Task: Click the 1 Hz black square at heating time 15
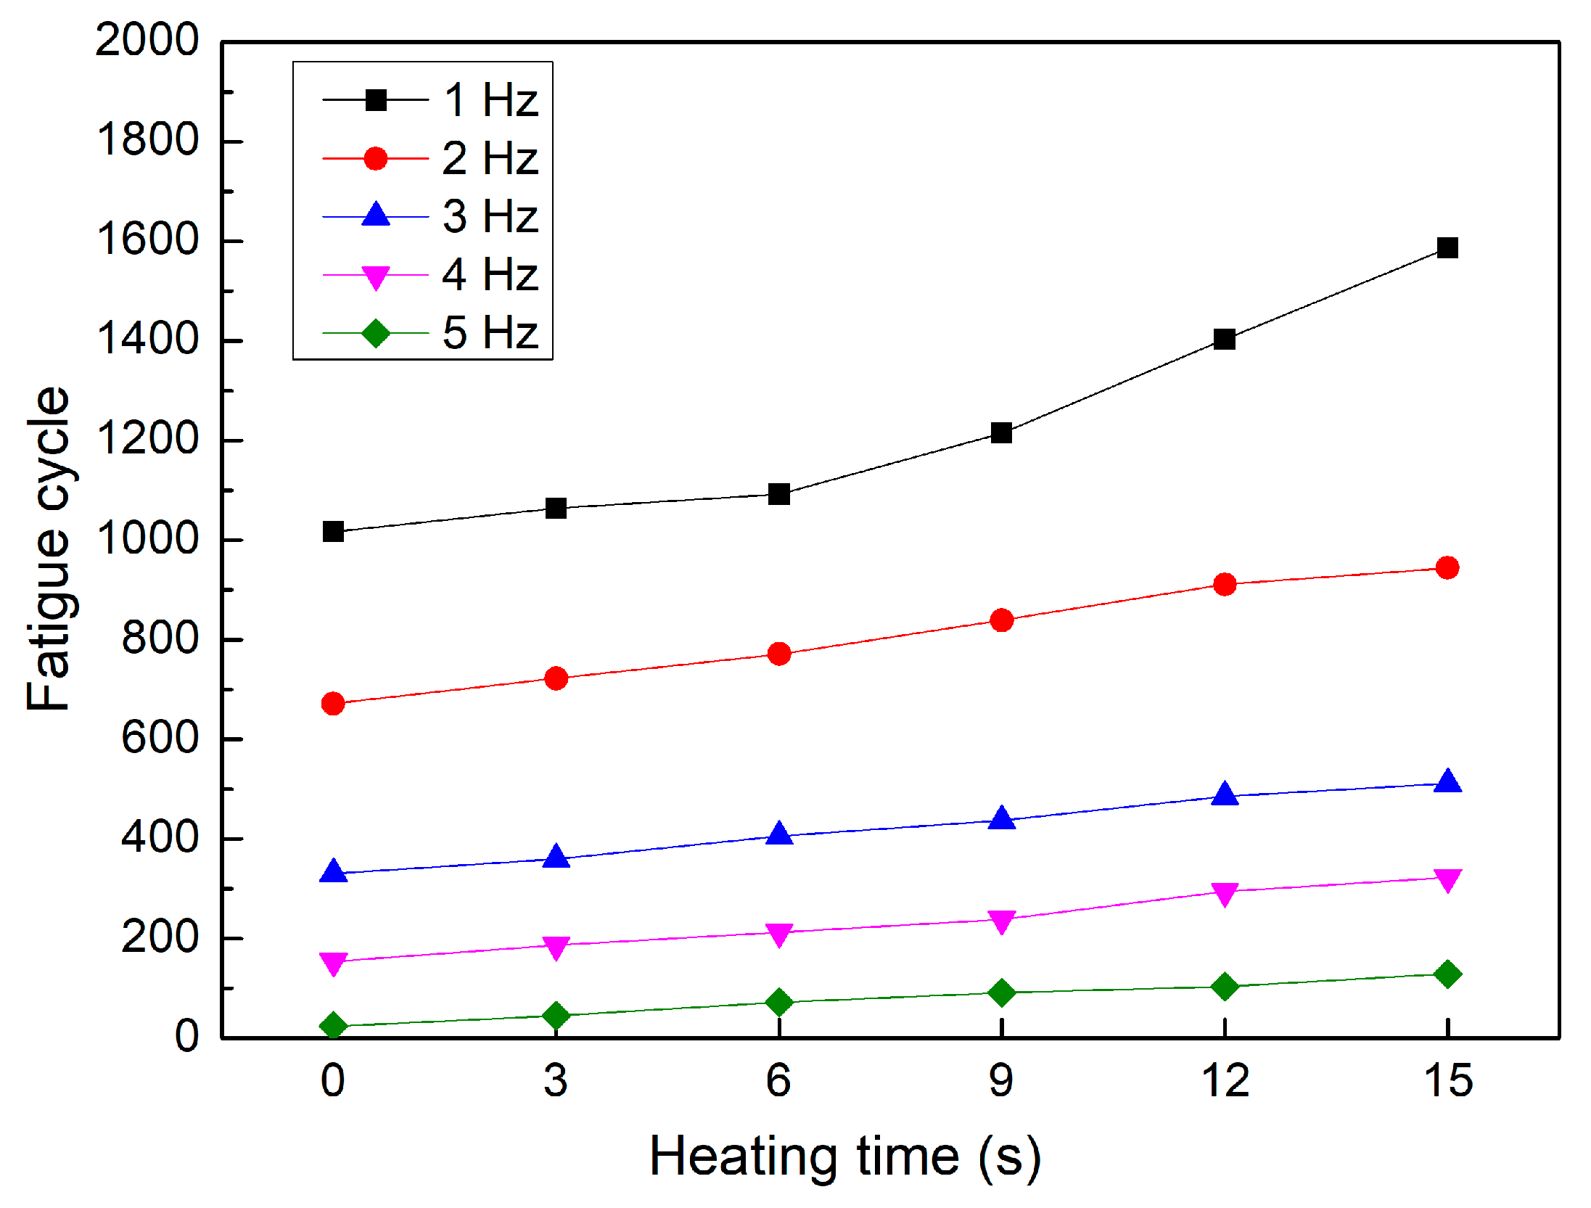1447,248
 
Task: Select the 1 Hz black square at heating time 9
1001,433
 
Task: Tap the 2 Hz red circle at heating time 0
333,703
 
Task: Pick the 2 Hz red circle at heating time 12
1225,584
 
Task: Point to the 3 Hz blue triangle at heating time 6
779,834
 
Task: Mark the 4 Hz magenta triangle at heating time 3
556,947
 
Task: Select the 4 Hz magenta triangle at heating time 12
1225,894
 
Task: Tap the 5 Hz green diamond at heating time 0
333,1025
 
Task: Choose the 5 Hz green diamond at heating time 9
1001,992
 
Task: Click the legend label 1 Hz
490,99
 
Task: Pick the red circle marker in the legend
375,158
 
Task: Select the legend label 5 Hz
490,333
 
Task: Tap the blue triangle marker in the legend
375,215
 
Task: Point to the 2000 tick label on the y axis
147,40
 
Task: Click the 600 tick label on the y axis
160,739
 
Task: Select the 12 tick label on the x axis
1225,1081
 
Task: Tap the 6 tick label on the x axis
778,1081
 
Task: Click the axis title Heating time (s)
845,1156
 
